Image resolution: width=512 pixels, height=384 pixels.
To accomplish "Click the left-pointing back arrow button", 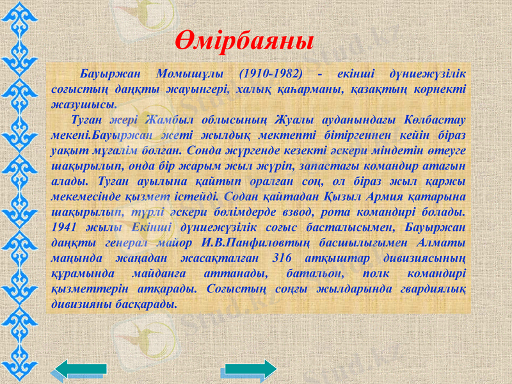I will pyautogui.click(x=81, y=370).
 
